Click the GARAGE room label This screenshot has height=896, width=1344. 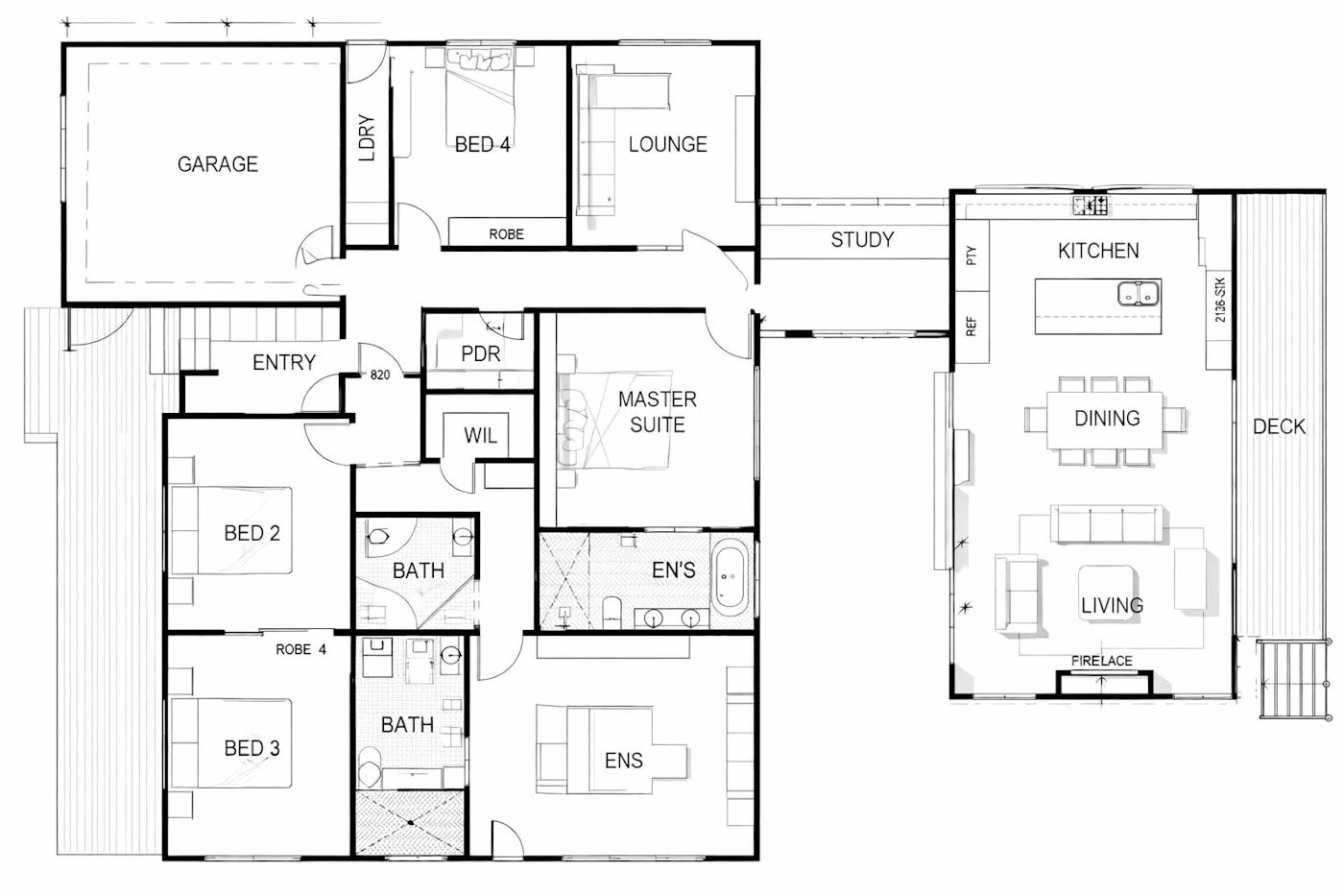click(x=218, y=164)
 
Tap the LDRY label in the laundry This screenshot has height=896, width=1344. click(x=367, y=137)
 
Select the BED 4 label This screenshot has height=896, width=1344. click(x=482, y=145)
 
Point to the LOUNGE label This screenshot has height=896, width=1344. click(x=668, y=144)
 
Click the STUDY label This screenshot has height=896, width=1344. click(x=862, y=240)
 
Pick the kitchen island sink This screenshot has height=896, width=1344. click(x=1138, y=294)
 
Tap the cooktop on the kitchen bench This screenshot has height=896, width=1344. click(x=1091, y=206)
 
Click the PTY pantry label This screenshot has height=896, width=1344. click(x=972, y=255)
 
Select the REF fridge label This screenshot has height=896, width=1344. click(x=972, y=327)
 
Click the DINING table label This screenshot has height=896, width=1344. click(x=1107, y=419)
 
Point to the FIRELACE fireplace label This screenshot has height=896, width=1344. click(x=1102, y=661)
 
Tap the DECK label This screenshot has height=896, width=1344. click(x=1279, y=426)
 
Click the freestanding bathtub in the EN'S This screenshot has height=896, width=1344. click(x=730, y=577)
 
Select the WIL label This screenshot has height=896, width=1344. click(x=481, y=435)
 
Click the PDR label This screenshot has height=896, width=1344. click(x=481, y=354)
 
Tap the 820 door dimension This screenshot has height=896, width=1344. click(x=380, y=375)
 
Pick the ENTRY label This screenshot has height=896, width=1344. click(x=284, y=362)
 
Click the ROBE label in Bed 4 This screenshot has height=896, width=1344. click(x=507, y=234)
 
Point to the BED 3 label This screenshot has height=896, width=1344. click(x=252, y=748)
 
